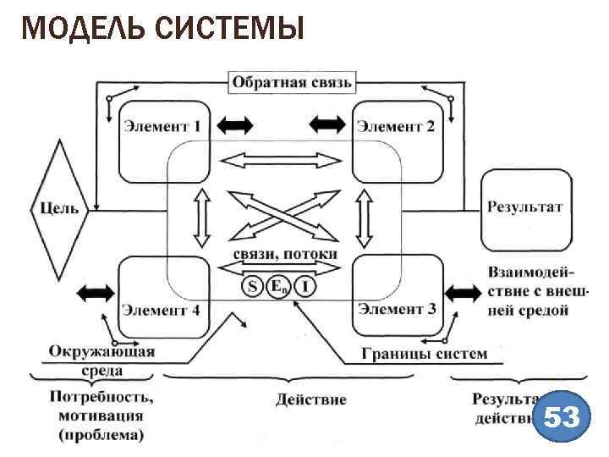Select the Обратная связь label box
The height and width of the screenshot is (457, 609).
click(x=292, y=82)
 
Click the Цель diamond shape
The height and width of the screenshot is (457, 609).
click(x=60, y=208)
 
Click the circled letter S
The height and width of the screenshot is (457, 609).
click(x=252, y=287)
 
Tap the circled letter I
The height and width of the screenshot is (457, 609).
click(x=306, y=287)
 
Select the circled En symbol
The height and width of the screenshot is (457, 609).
click(x=278, y=287)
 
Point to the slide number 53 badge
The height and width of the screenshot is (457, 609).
click(x=562, y=418)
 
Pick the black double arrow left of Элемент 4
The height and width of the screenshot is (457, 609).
click(x=94, y=293)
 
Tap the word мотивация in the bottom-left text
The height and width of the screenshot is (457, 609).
click(x=101, y=416)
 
